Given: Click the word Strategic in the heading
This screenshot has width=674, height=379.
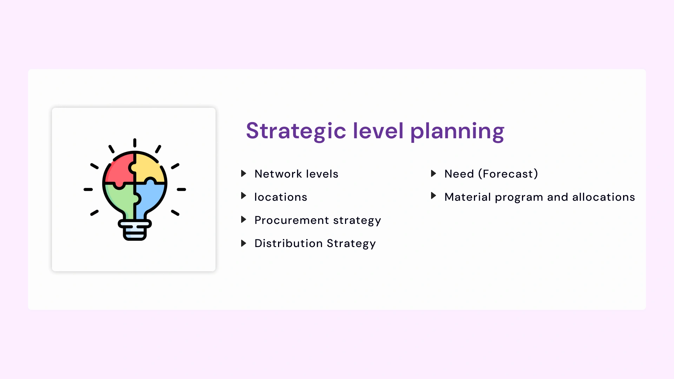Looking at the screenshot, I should pos(296,131).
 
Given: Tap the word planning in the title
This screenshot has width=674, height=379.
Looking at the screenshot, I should pos(457,131).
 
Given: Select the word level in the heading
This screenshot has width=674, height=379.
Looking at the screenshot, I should pos(378,131).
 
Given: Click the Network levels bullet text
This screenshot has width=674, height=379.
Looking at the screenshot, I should pos(296,174).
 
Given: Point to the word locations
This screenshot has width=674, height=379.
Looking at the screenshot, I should pos(280,197).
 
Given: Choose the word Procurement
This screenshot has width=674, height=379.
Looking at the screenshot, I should pos(291,220).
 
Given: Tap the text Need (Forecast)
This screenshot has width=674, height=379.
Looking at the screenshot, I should pos(491,174).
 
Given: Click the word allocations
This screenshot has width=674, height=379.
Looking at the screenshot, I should pos(603,197).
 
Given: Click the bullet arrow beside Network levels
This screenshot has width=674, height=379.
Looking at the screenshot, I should pos(243,173).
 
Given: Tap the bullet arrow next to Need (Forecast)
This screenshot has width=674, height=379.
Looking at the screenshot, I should pos(433,173).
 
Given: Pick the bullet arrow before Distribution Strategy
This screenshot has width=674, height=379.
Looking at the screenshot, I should pos(243,243).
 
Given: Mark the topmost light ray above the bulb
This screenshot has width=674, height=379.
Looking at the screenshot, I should pos(135,143).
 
